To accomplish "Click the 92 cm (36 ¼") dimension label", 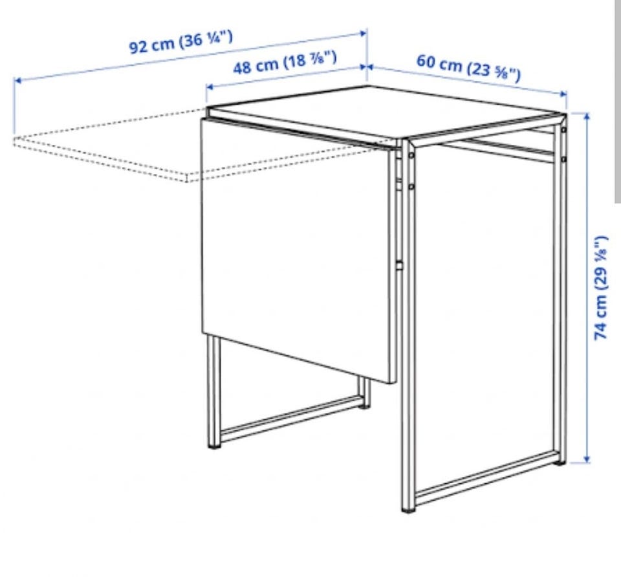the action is coord(181,41).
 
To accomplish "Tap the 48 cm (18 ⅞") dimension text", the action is coord(285,63).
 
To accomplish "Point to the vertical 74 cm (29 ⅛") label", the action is coord(601,287).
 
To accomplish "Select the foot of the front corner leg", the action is coord(408,511).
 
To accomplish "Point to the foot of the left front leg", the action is coord(214,447).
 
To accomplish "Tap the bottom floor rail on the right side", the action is coord(488,479).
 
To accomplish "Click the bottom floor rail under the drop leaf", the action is coord(293,415).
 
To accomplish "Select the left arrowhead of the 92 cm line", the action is coord(17,81).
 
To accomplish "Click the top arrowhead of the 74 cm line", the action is coord(587,115).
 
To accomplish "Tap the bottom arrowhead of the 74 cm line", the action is coord(587,459).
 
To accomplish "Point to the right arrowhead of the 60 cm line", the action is coord(563,94).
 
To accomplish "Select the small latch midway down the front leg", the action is coord(399,265).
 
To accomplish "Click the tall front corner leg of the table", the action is coord(408,325).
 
